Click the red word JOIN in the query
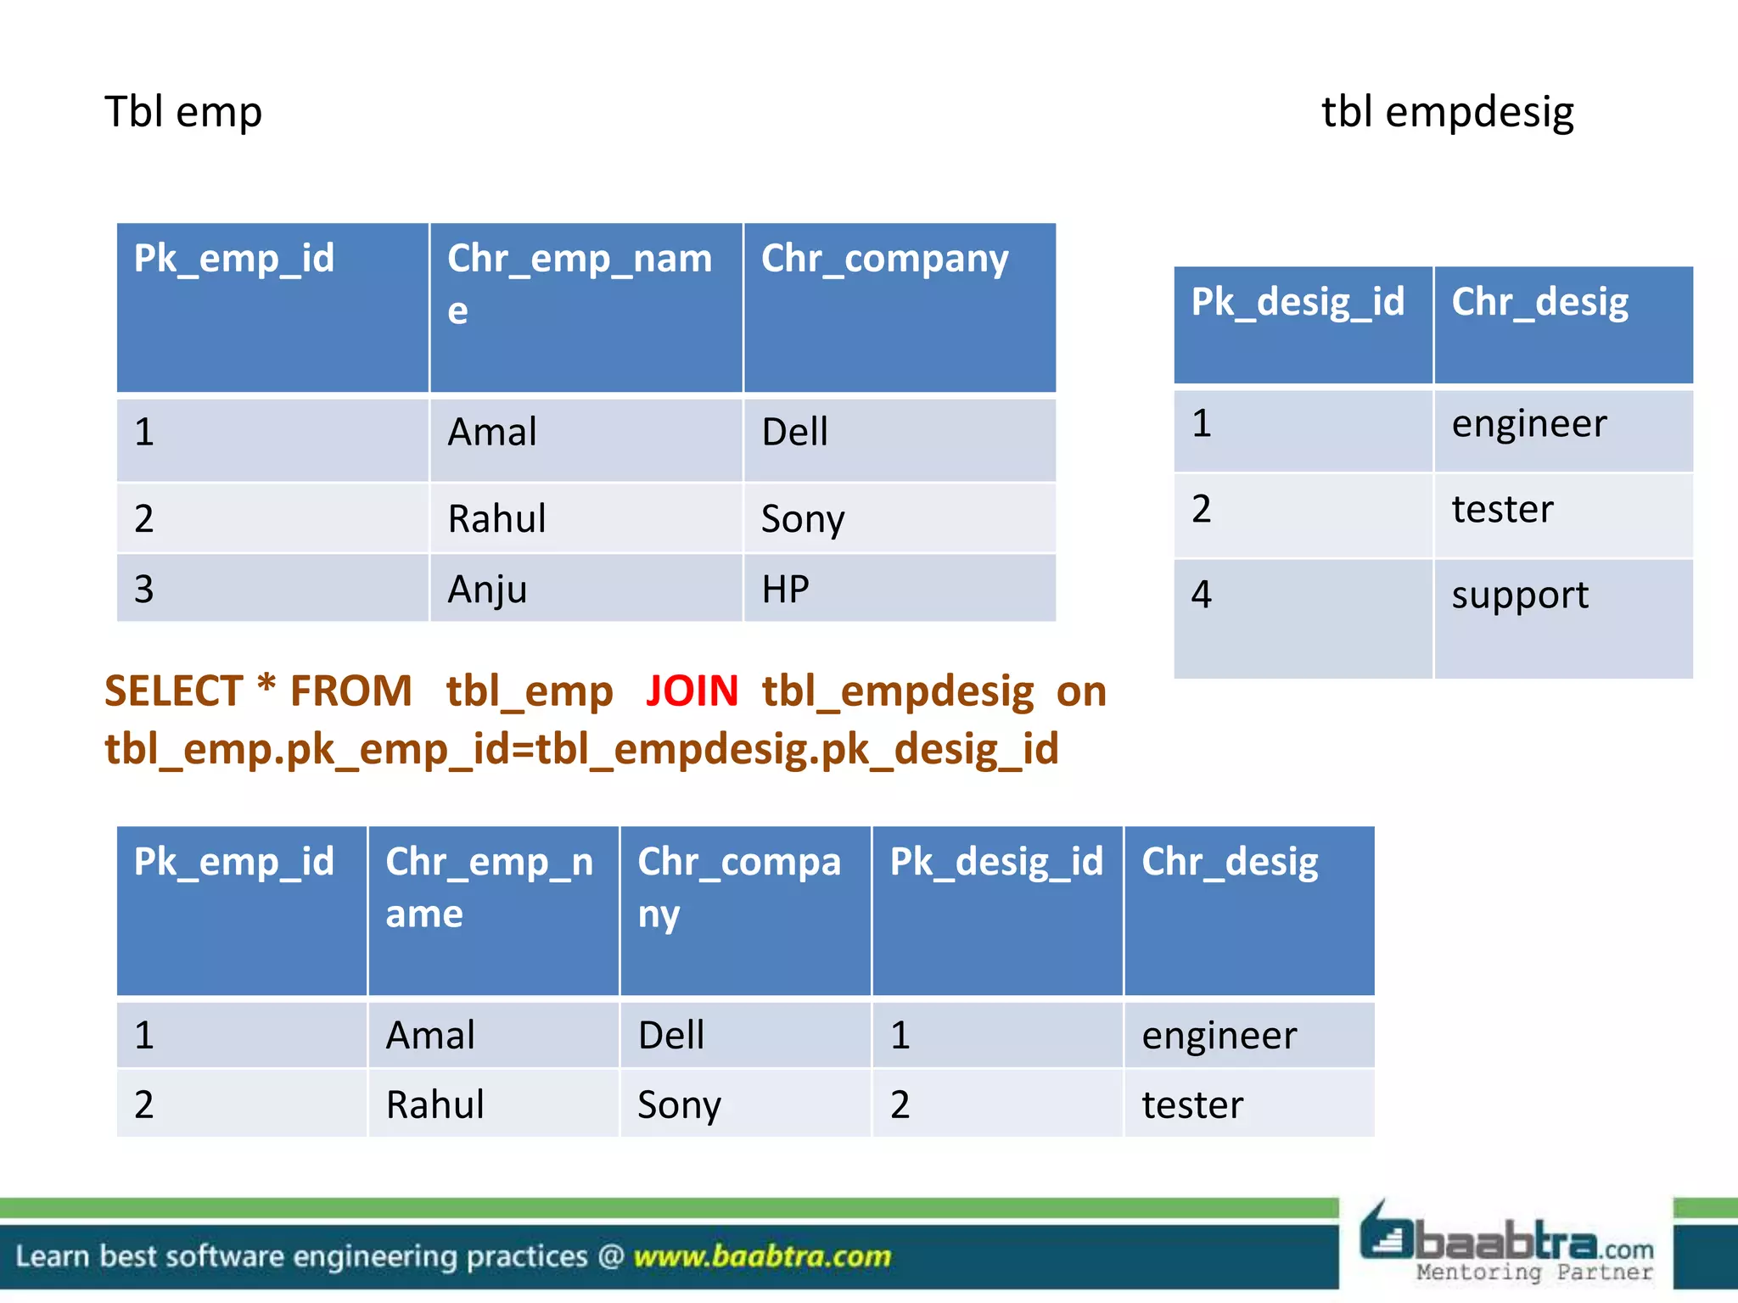(692, 691)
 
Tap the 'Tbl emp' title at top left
(182, 112)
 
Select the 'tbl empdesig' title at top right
(1447, 112)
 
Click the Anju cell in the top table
(487, 589)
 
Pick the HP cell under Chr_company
(785, 589)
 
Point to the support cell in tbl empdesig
(1519, 595)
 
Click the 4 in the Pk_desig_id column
(1201, 594)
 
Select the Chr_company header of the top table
(884, 259)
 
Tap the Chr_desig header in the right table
(1539, 302)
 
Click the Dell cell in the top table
(794, 432)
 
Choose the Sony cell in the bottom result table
(679, 1104)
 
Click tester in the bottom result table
(1192, 1104)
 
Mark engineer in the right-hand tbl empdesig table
(1528, 423)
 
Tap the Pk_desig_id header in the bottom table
(996, 862)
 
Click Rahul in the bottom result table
(434, 1104)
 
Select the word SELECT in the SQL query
(173, 691)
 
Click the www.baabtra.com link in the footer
(762, 1256)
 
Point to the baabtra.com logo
(1506, 1244)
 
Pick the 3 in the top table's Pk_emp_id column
(144, 589)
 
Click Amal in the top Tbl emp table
(492, 432)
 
